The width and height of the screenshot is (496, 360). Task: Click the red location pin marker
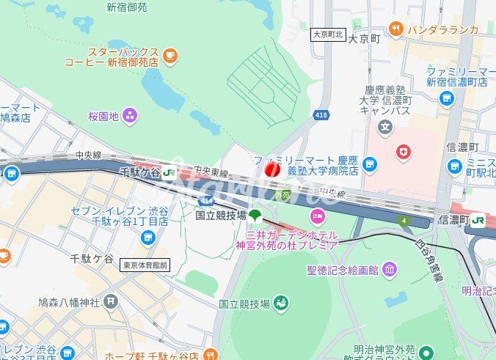click(271, 170)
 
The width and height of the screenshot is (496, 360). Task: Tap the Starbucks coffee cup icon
click(170, 54)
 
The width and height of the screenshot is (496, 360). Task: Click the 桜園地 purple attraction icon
click(130, 115)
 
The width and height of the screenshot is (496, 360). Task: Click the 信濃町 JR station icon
click(478, 218)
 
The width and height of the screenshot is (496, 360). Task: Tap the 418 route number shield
click(321, 114)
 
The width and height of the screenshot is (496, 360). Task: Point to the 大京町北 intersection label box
click(328, 34)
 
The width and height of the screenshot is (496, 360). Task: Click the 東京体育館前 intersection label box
click(145, 265)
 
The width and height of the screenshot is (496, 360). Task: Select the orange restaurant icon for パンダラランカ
click(396, 29)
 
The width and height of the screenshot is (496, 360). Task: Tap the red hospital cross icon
click(402, 152)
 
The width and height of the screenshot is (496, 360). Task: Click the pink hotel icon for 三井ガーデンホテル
click(317, 216)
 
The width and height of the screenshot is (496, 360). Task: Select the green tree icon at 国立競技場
click(255, 216)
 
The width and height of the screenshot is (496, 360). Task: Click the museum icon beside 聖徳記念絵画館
click(389, 270)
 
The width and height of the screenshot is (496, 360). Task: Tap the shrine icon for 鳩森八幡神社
click(110, 301)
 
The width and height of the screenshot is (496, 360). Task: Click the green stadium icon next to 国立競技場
click(282, 303)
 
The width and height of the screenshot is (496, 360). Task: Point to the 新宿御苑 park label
click(126, 7)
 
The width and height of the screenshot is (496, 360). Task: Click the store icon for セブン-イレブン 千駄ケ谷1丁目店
click(149, 237)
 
